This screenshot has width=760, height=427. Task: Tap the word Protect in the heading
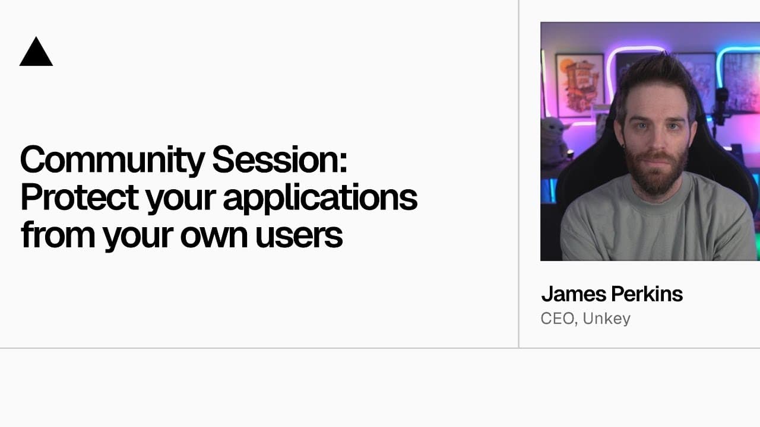(79, 199)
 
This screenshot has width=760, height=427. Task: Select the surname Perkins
(651, 294)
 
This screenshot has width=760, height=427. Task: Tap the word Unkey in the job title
(606, 318)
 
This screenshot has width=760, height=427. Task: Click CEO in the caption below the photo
(557, 318)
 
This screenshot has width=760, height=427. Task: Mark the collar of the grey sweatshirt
(653, 196)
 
